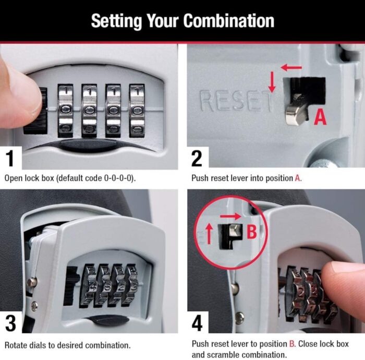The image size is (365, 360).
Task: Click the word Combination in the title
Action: pos(229,21)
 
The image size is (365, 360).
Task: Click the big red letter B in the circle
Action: pos(251,232)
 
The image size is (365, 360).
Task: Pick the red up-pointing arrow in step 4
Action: pos(209,235)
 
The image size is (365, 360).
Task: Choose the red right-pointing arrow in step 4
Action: pos(229,215)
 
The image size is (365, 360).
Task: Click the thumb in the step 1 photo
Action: pos(18,97)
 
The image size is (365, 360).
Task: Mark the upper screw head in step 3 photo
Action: pos(32,282)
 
